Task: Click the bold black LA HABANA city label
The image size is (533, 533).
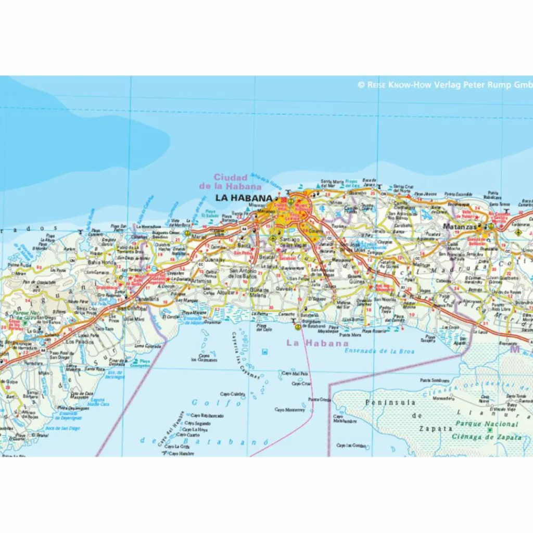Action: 244,198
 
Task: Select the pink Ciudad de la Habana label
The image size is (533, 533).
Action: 230,182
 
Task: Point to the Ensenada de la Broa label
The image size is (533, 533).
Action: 379,351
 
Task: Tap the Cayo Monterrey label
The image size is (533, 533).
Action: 289,410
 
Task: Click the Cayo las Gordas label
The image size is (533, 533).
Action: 350,446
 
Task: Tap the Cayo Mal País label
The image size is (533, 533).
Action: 295,373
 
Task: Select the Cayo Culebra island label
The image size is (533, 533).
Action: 232,394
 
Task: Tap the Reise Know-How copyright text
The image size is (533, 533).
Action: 445,85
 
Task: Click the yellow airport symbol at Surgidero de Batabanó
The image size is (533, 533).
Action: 297,327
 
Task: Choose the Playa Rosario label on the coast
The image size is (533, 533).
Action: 374,331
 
